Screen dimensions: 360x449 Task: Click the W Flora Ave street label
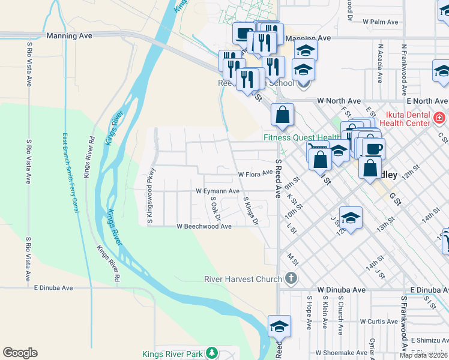tap(255, 175)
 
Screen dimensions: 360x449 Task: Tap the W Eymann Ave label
tap(218, 191)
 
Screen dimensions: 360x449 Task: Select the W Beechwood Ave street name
tap(203, 226)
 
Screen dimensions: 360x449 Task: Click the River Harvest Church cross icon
tap(291, 278)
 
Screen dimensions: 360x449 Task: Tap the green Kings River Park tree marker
tap(211, 354)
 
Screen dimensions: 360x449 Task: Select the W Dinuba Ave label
tap(342, 290)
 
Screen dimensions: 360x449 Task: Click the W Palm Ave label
tap(381, 22)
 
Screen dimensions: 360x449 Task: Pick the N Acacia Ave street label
tap(380, 62)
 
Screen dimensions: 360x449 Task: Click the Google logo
tap(20, 353)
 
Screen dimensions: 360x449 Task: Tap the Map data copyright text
tap(424, 355)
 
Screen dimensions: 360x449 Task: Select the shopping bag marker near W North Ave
tap(282, 115)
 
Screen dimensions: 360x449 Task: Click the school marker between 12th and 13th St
tap(351, 218)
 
